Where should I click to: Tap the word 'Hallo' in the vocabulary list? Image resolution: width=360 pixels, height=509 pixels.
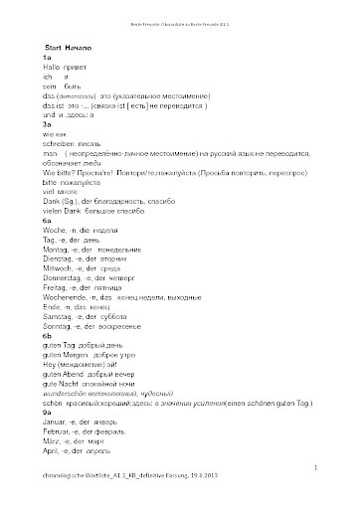point(52,67)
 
